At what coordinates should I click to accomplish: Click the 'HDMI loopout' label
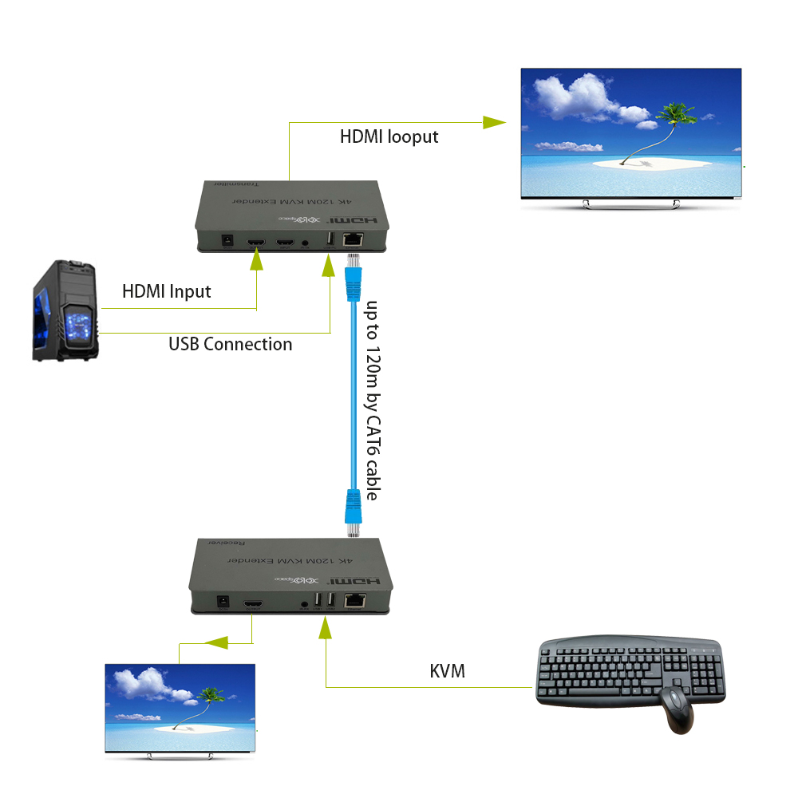pyautogui.click(x=389, y=136)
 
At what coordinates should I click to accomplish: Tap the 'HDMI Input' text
pyautogui.click(x=166, y=291)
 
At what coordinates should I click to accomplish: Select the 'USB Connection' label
pyautogui.click(x=230, y=344)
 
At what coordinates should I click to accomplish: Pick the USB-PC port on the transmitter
pyautogui.click(x=329, y=239)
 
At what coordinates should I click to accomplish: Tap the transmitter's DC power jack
pyautogui.click(x=227, y=240)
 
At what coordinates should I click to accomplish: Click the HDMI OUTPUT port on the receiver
pyautogui.click(x=253, y=603)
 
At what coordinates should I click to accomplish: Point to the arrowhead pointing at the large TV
pyautogui.click(x=495, y=122)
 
